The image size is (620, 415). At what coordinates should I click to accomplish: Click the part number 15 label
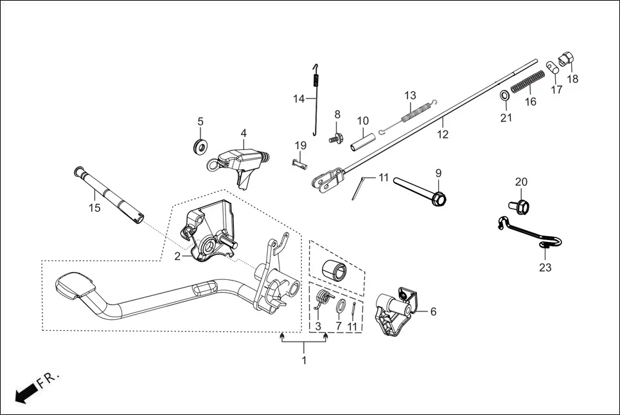point(94,208)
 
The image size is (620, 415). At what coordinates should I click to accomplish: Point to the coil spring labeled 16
point(527,82)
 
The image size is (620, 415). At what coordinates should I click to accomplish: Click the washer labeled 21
point(506,97)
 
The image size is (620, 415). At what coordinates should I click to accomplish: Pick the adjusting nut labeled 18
point(565,59)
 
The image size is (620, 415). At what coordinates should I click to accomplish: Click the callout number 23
point(545,268)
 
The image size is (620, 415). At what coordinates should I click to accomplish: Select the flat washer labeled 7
point(339,306)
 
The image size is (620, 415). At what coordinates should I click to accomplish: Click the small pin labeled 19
point(299,164)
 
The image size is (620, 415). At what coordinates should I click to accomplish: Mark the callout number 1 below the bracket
point(304,360)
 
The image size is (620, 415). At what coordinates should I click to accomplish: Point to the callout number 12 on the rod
point(443,134)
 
